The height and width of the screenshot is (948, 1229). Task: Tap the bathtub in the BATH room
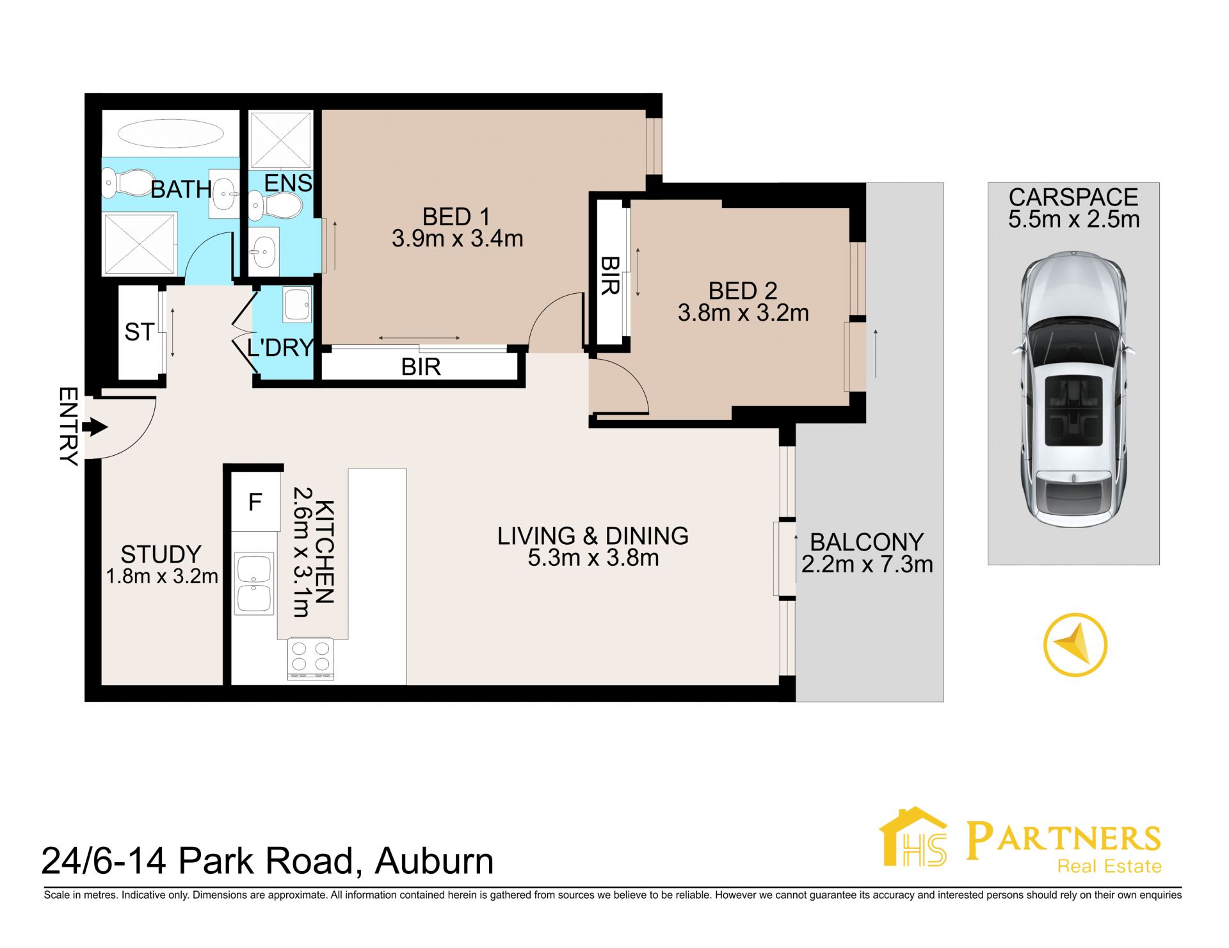point(170,134)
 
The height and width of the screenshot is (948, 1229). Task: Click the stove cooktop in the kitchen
point(311,657)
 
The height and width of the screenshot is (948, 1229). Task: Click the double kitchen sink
point(254,584)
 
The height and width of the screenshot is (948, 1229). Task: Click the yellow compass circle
point(1075,645)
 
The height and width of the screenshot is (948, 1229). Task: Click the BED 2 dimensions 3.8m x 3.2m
point(743,313)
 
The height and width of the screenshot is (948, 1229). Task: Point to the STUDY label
point(161,554)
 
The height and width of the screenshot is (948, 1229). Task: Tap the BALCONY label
point(867,542)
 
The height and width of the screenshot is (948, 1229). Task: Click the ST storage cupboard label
point(139,332)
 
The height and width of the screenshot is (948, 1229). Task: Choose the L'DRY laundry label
point(280,348)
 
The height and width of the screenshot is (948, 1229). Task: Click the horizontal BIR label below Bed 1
point(421,367)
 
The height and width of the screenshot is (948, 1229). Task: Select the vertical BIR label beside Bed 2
point(610,276)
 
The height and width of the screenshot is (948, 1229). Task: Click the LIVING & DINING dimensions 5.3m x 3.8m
point(593,558)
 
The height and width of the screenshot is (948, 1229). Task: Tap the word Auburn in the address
point(435,861)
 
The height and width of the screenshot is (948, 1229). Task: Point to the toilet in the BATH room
point(128,182)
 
